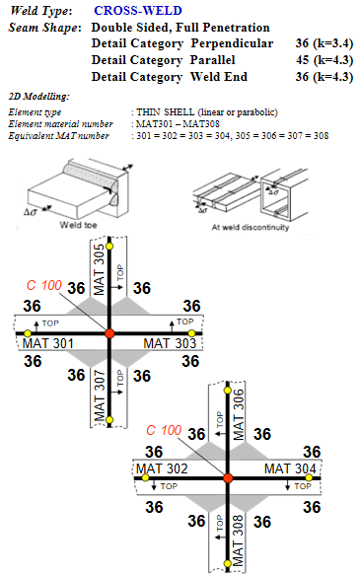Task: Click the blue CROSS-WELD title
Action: [x=138, y=10]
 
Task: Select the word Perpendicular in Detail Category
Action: [x=232, y=43]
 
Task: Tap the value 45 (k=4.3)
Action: [x=324, y=60]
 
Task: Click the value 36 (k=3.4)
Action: [x=324, y=43]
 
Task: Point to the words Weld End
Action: [x=219, y=77]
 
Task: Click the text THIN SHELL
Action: [x=166, y=111]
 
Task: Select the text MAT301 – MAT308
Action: [x=178, y=124]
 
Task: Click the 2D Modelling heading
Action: [x=38, y=97]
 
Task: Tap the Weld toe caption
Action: [x=79, y=225]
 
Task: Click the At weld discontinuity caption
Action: [x=250, y=228]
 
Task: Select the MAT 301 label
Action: [x=48, y=343]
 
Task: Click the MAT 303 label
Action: [x=170, y=343]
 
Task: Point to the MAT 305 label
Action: [x=99, y=269]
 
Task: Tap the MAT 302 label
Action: [x=162, y=468]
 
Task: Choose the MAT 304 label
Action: [x=290, y=468]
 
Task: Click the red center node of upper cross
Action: [x=109, y=333]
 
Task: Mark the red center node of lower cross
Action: [x=228, y=478]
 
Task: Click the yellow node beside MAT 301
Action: [x=28, y=333]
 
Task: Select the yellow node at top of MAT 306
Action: [x=228, y=391]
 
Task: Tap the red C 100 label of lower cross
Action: [x=164, y=430]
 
